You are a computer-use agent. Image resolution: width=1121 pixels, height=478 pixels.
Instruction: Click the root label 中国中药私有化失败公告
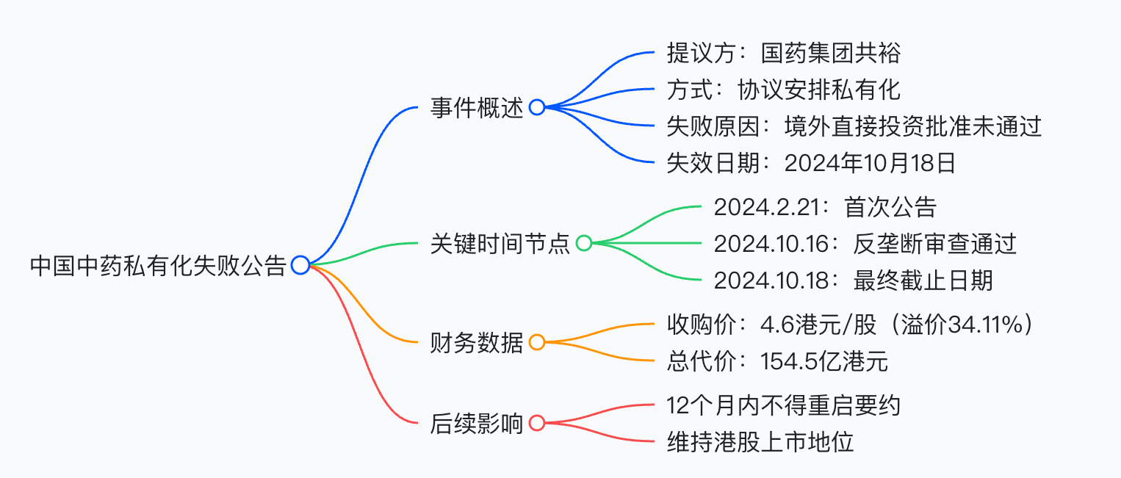coord(158,266)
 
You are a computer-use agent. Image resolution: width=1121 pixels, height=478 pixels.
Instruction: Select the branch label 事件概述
coord(477,107)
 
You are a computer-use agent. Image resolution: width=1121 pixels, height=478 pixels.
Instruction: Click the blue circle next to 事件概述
coord(537,100)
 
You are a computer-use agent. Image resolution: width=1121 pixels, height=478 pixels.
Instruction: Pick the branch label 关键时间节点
coord(500,244)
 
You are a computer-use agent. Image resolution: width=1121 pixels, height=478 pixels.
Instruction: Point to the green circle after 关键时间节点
coord(584,236)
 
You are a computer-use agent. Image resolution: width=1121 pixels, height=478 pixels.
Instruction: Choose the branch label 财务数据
coord(477,342)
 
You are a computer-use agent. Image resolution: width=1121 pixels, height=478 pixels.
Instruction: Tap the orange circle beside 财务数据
coord(537,336)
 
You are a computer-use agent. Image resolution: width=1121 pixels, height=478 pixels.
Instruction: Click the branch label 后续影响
coord(477,424)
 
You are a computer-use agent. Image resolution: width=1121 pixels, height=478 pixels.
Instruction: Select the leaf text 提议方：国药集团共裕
coord(784,53)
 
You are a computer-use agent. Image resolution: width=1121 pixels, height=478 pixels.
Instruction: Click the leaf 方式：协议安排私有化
coord(784,90)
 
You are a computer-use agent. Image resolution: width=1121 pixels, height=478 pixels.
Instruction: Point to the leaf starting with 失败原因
coord(854,126)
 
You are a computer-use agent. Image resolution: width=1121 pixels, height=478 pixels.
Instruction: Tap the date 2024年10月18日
coord(871,163)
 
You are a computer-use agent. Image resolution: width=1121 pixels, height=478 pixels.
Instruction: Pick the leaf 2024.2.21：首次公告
coord(825,207)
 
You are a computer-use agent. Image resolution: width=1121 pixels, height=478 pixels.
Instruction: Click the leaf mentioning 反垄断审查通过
coord(865,244)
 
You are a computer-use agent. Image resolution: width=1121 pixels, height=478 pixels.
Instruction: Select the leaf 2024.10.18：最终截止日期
coord(854,280)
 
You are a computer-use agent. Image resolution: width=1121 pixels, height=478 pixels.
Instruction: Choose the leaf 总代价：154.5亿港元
coord(777,361)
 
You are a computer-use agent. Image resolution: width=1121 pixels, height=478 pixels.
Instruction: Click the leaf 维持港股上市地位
coord(760,442)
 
